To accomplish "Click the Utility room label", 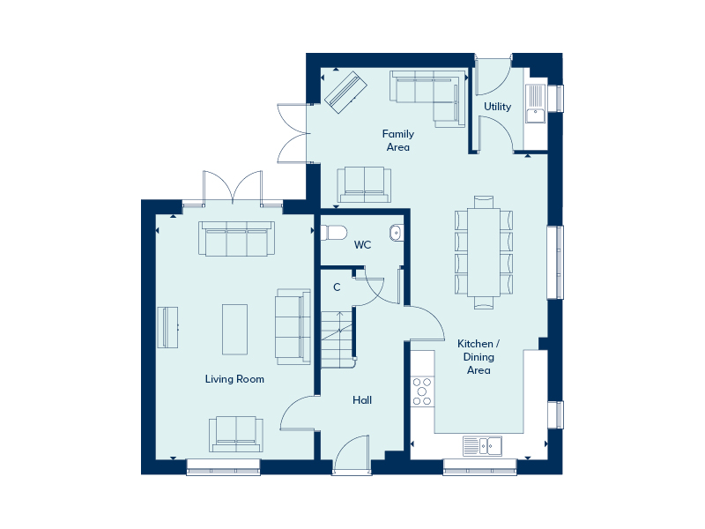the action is [x=497, y=107].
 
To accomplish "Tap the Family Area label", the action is [x=398, y=140].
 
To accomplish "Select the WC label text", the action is [x=362, y=245].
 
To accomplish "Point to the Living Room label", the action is [x=234, y=379].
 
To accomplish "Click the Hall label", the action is [x=362, y=400].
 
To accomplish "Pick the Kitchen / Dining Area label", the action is [x=479, y=357].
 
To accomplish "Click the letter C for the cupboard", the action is [x=337, y=287].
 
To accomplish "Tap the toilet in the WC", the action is [x=334, y=233].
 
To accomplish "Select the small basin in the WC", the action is [x=396, y=233].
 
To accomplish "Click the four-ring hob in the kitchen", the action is [x=422, y=391].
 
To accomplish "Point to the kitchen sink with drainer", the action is [x=482, y=446].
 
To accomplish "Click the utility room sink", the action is [x=536, y=103].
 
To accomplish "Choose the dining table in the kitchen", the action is [x=484, y=252].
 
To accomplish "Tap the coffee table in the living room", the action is [x=234, y=330].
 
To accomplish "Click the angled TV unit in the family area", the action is [x=345, y=93].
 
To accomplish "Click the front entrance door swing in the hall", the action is [x=351, y=452].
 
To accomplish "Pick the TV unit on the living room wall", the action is [x=167, y=327].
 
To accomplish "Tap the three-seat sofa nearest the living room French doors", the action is [x=236, y=239].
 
